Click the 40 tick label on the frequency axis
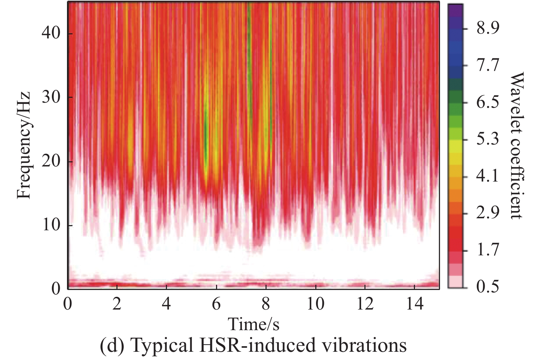tap(51, 33)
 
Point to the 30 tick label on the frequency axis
tap(51, 97)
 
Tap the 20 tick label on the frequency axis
tap(51, 162)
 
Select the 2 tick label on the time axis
tap(117, 304)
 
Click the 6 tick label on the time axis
tap(216, 304)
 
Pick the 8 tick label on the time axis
tap(266, 304)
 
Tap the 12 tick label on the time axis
tap(364, 304)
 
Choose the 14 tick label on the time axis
tap(414, 304)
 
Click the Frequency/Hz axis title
tap(24, 145)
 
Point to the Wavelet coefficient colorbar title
tap(516, 145)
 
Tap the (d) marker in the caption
tap(111, 346)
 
